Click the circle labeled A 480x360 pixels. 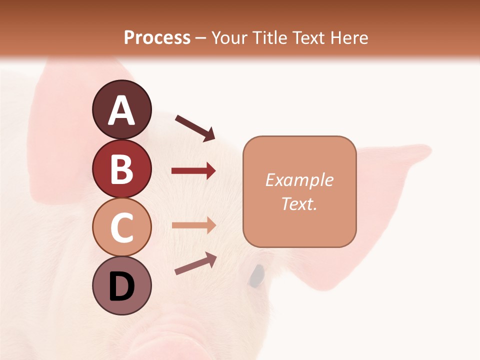121,110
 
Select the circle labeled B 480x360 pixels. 121,169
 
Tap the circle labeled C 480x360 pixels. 121,227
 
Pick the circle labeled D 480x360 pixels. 121,285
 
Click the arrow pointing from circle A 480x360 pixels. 195,128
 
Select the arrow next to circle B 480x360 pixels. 193,171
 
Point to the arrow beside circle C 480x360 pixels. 193,225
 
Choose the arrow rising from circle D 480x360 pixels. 195,263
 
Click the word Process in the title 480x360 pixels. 157,37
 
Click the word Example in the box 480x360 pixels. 299,180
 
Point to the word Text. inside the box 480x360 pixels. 299,203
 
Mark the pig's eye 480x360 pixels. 257,275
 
